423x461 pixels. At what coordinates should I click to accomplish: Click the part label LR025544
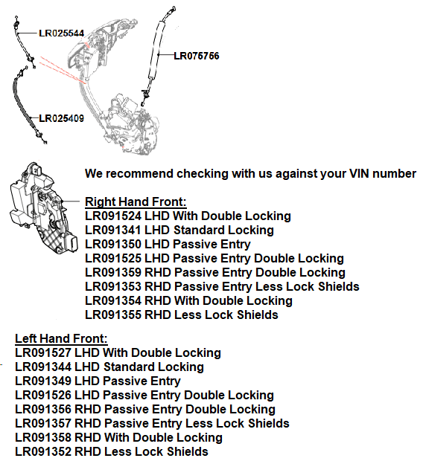(x=62, y=33)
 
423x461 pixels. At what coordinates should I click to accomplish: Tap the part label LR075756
(x=197, y=56)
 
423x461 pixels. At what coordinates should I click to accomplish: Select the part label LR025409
(x=62, y=118)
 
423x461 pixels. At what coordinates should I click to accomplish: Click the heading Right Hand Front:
(x=136, y=202)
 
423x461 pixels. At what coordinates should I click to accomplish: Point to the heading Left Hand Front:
(x=61, y=339)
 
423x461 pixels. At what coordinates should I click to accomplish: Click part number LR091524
(x=113, y=216)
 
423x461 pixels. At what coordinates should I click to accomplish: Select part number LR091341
(x=113, y=230)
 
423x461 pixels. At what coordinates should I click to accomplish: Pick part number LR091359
(x=113, y=273)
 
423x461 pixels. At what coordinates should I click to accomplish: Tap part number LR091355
(x=113, y=315)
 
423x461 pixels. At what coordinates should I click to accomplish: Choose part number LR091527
(x=43, y=352)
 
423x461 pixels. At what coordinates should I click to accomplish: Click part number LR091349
(x=43, y=381)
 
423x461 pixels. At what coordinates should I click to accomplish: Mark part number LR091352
(x=43, y=451)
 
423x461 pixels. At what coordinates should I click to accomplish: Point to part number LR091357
(x=43, y=423)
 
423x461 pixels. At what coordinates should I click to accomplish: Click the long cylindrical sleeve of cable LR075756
(x=156, y=49)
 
